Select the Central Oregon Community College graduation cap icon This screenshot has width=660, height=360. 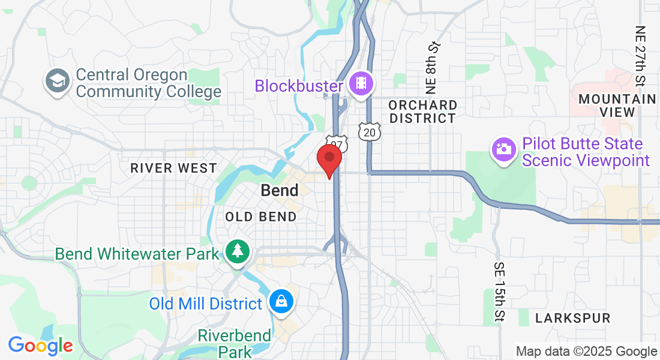coord(58,83)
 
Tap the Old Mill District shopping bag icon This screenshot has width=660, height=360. coord(281,301)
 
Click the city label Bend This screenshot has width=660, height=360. coord(280,191)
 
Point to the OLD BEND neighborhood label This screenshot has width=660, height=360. coord(261,217)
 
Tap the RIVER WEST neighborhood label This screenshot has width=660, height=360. coord(173,169)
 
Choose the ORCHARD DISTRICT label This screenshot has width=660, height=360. coord(422,112)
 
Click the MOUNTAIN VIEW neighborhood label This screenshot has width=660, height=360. coord(617,105)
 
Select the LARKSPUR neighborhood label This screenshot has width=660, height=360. coord(572,318)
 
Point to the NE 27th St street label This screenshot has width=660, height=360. coord(641,56)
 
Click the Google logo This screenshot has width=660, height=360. coord(40,346)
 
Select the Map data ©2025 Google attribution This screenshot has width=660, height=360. coord(586,352)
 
